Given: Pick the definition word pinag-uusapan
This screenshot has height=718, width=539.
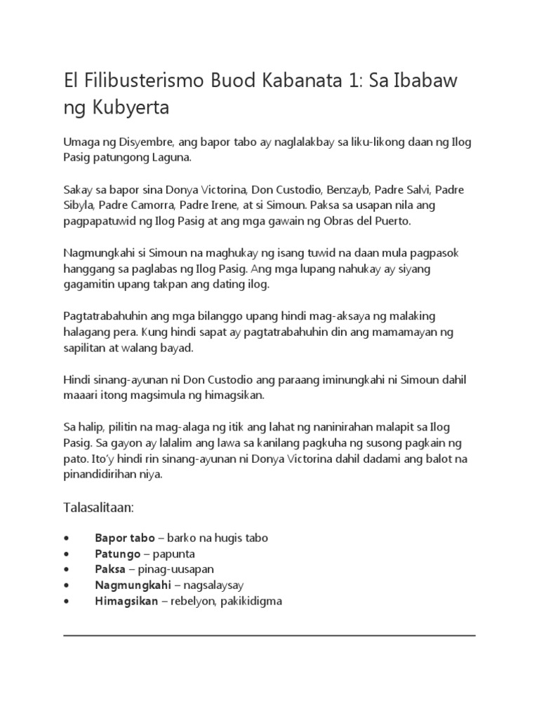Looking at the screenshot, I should (166, 569).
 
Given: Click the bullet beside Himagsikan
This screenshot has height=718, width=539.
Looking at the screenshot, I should (65, 602).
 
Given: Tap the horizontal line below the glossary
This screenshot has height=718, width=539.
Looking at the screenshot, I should (269, 635).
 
